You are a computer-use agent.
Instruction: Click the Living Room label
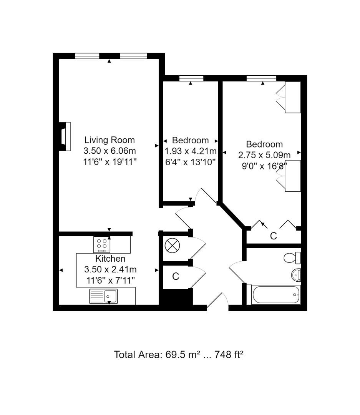(109, 140)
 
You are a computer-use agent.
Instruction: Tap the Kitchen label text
(110, 259)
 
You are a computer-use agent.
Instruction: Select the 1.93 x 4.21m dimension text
(191, 151)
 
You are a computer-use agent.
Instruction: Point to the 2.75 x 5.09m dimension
(264, 155)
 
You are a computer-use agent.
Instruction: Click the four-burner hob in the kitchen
(102, 244)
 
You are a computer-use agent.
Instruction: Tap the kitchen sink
(104, 296)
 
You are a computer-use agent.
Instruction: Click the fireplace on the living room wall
(65, 136)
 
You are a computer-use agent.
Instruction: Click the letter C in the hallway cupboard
(176, 276)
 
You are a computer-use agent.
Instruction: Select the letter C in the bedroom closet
(273, 236)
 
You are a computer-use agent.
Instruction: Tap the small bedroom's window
(191, 78)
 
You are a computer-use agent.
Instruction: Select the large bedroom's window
(261, 78)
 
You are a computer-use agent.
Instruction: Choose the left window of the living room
(87, 56)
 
